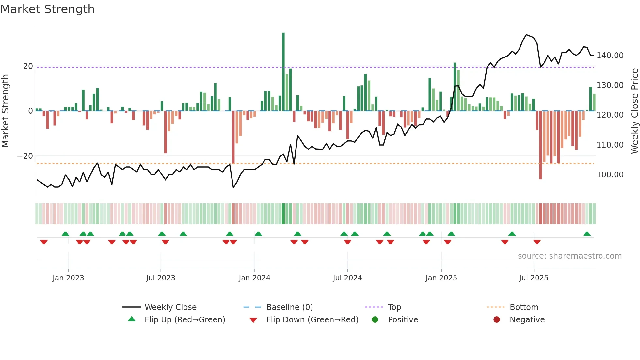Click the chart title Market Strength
pos(47,9)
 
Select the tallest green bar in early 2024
pos(283,72)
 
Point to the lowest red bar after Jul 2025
pos(540,145)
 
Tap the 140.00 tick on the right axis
pos(610,56)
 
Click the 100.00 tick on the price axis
pos(610,175)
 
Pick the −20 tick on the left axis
pos(25,156)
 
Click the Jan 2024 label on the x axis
pos(254,278)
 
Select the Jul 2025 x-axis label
pos(534,278)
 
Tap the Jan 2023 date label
pos(68,278)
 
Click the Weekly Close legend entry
pos(170,307)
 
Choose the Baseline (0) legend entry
pos(289,307)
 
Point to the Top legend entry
pos(394,307)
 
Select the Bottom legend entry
pos(524,307)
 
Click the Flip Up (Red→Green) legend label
pos(185,320)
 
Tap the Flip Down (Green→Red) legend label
pos(312,320)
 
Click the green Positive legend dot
pos(375,319)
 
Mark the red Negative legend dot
pos(497,319)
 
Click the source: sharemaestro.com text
pos(569,256)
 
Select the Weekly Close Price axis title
pos(634,111)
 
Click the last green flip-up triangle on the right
pos(587,234)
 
